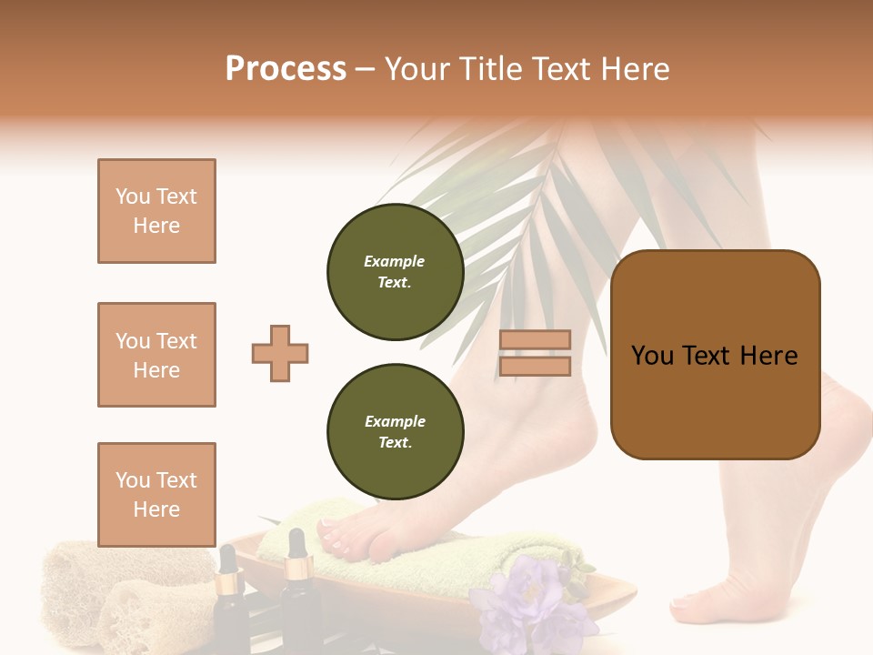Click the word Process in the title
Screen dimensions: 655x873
(x=286, y=69)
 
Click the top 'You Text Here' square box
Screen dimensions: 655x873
(x=156, y=211)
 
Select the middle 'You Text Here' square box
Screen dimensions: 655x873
(x=156, y=355)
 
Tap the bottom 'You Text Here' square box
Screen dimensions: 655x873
(x=156, y=494)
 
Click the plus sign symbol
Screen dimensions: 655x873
(x=280, y=353)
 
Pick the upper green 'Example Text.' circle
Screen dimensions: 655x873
(x=395, y=272)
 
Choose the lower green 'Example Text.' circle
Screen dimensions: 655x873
(x=395, y=432)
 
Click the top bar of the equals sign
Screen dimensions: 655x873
(x=535, y=339)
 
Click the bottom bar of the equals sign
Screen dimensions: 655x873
(x=535, y=366)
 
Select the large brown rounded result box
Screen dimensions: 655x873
(x=715, y=355)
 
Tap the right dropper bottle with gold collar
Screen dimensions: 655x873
(x=296, y=596)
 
